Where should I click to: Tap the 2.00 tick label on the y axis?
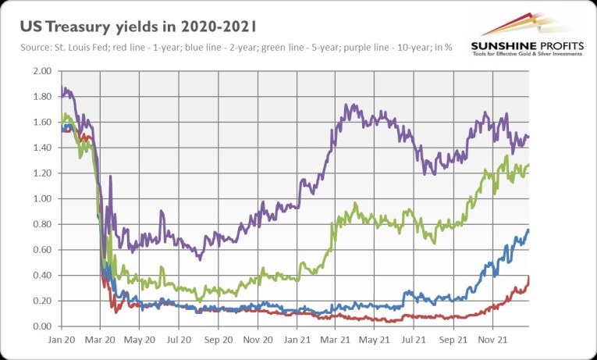41,71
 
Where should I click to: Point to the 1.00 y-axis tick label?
41,198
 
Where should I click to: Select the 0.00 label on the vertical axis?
41,326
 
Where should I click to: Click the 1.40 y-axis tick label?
41,148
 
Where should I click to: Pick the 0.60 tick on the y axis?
41,249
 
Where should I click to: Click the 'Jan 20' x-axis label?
60,340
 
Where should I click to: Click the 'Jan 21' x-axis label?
297,340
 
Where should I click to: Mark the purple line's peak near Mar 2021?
355,104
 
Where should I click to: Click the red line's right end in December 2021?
529,276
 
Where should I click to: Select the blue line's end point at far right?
529,230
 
